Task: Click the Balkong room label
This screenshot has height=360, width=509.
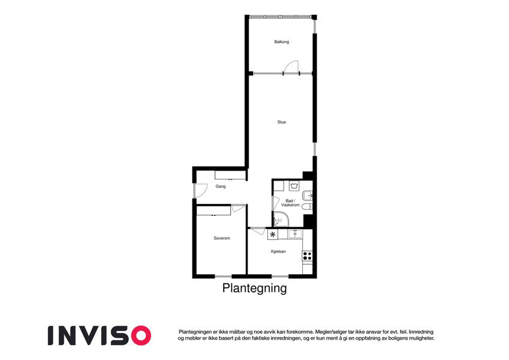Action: click(x=281, y=42)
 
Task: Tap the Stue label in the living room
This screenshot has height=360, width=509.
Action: click(x=281, y=122)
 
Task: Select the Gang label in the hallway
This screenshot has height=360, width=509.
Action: click(x=221, y=187)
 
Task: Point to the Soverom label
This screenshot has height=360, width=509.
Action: click(x=222, y=238)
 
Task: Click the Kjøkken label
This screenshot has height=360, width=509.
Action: click(x=278, y=251)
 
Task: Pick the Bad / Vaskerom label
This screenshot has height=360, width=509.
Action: click(x=290, y=203)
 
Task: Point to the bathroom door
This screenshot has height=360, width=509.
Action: click(x=276, y=203)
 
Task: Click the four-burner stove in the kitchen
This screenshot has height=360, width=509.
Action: click(x=307, y=256)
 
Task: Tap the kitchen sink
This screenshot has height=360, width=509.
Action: click(x=295, y=234)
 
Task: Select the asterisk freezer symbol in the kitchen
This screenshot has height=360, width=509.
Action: click(x=273, y=234)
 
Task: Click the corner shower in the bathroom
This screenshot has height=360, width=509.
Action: click(x=281, y=219)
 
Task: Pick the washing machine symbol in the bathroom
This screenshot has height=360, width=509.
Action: click(x=294, y=186)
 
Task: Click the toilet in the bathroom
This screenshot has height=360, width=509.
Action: click(x=307, y=207)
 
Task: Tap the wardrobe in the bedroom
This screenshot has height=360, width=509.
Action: click(x=213, y=211)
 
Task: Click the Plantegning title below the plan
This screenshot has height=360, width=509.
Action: click(x=254, y=288)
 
